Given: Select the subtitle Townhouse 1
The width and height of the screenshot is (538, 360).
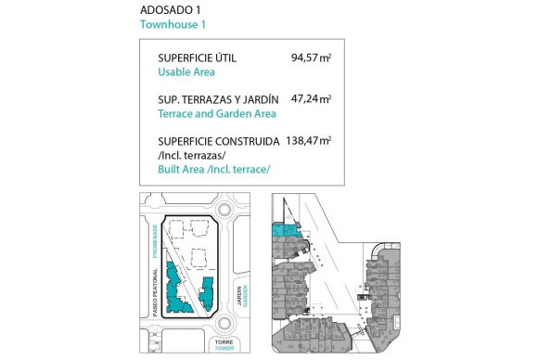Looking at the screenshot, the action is [173, 25].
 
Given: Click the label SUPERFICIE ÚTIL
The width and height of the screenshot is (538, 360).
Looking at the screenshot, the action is [197, 58].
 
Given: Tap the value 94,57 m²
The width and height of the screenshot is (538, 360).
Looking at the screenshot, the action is [311, 58].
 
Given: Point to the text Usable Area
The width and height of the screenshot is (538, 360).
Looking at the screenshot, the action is [186, 72].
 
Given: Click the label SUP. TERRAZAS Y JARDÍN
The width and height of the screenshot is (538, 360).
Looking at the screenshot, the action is [218, 99].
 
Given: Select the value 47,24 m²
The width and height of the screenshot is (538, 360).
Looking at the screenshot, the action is [311, 98].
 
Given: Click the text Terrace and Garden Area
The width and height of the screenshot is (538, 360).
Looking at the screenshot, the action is [217, 114].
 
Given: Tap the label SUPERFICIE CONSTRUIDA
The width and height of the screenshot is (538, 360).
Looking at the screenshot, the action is [219, 141].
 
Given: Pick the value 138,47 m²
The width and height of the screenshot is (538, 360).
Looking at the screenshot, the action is [309, 140].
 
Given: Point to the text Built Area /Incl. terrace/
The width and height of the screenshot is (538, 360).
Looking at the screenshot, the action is [214, 169].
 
